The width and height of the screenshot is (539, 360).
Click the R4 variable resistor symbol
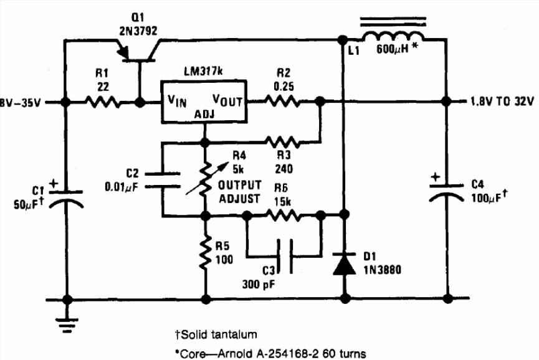[x=205, y=180]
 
